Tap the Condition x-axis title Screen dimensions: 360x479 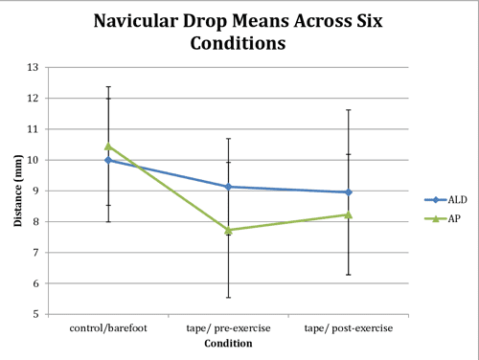[228, 345]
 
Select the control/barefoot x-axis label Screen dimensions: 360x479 [108, 328]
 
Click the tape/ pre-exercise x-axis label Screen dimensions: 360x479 [228, 328]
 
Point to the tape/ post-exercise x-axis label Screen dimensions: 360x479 [348, 328]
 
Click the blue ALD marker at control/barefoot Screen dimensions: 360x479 [108, 160]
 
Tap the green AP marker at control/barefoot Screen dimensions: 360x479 [108, 146]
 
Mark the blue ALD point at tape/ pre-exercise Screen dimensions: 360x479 [228, 187]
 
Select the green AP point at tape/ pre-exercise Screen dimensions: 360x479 [228, 230]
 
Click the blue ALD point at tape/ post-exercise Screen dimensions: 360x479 [348, 192]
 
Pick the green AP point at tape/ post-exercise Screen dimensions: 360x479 [348, 214]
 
